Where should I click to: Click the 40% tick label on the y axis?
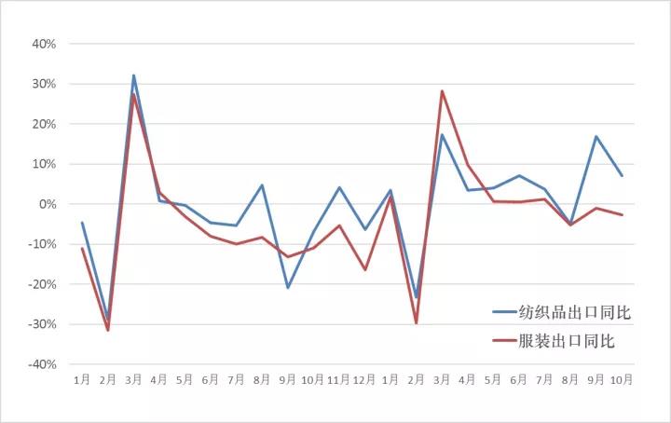[44, 44]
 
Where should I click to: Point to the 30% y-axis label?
[44, 84]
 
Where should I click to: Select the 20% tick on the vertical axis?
[44, 124]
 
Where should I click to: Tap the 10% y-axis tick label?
[44, 164]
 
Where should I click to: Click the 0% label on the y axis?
[47, 204]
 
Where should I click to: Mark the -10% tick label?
[42, 244]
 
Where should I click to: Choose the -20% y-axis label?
[42, 284]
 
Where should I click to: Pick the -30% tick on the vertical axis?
[42, 324]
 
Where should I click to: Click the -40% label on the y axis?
[42, 364]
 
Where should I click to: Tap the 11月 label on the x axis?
[339, 380]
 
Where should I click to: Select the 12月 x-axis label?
[365, 380]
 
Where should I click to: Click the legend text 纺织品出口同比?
[575, 313]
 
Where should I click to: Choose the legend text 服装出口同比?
[568, 342]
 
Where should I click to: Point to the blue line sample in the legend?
[504, 314]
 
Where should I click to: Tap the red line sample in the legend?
[504, 342]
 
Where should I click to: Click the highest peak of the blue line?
[133, 75]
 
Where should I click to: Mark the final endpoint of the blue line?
[622, 176]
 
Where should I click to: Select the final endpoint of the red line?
[622, 215]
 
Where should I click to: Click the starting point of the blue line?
[82, 223]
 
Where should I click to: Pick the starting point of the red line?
[82, 248]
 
